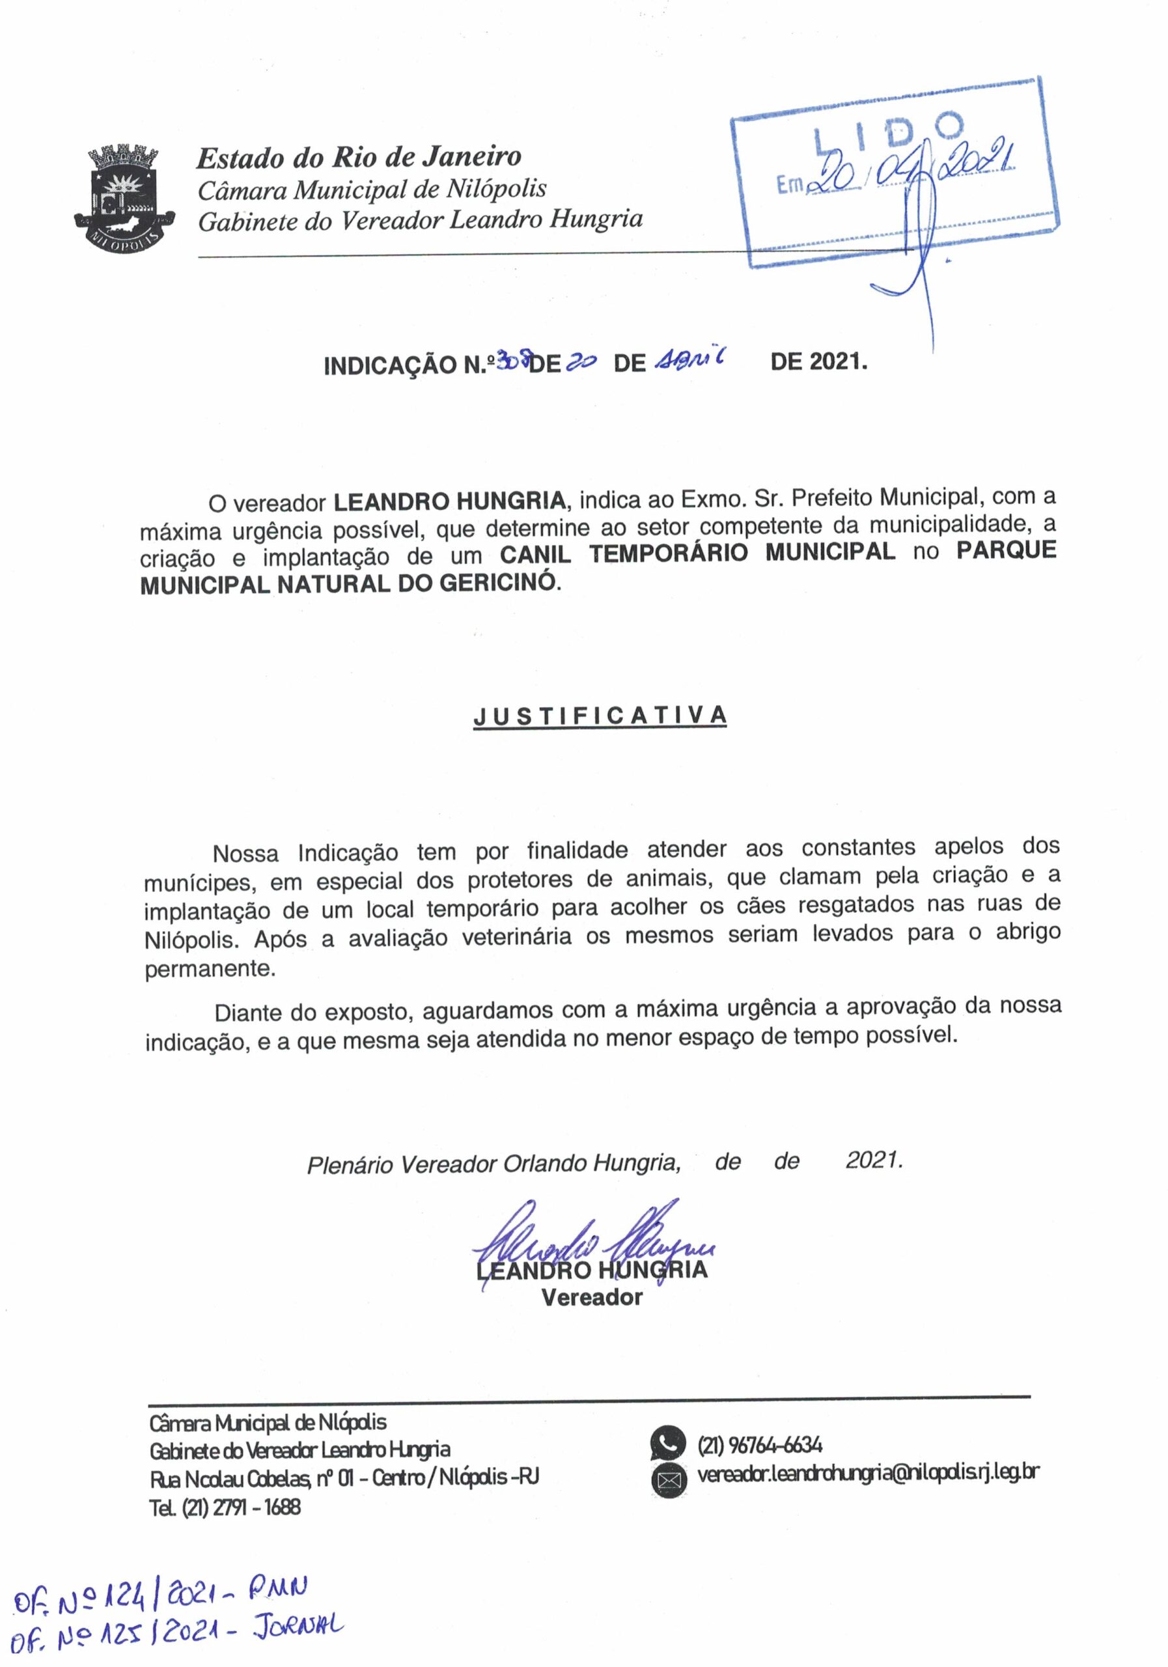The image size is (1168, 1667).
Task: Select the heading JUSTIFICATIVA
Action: (x=600, y=715)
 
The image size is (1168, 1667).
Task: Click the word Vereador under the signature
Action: (x=592, y=1297)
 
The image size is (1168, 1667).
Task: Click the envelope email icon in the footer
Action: (x=668, y=1479)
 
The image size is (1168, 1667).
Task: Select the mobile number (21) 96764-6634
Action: (x=760, y=1445)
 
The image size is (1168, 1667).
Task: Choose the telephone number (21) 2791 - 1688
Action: (x=225, y=1507)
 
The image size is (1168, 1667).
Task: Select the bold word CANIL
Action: (x=535, y=553)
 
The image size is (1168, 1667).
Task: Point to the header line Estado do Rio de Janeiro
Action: (x=359, y=157)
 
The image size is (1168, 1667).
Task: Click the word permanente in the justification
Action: (x=210, y=970)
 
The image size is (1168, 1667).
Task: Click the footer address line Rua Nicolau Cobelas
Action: (x=344, y=1478)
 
